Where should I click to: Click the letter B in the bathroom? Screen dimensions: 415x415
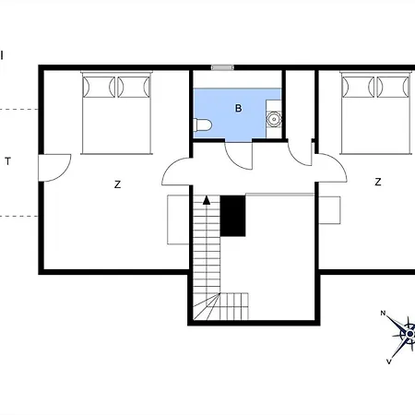coord(238,108)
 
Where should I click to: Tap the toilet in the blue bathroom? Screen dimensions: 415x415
coord(203,125)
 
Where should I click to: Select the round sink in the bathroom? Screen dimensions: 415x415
coord(274,119)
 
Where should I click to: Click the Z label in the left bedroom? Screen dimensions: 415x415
coord(117,184)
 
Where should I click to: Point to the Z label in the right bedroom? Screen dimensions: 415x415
coord(378,182)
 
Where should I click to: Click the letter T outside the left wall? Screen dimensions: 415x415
coord(8,161)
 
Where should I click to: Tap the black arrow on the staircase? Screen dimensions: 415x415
coord(207,200)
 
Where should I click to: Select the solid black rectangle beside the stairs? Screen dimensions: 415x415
coord(232,216)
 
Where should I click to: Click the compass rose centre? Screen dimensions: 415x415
coord(410,334)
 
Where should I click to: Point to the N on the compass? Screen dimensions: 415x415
coord(383,314)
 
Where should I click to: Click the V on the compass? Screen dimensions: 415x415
coord(389,362)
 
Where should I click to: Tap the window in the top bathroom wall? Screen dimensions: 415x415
coord(222,67)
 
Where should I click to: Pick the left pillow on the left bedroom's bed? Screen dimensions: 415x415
coord(99,87)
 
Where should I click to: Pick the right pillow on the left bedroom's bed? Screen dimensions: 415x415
coord(134,87)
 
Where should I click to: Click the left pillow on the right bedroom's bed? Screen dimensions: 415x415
coord(358,87)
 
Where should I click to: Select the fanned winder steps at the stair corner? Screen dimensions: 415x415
coord(207,307)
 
